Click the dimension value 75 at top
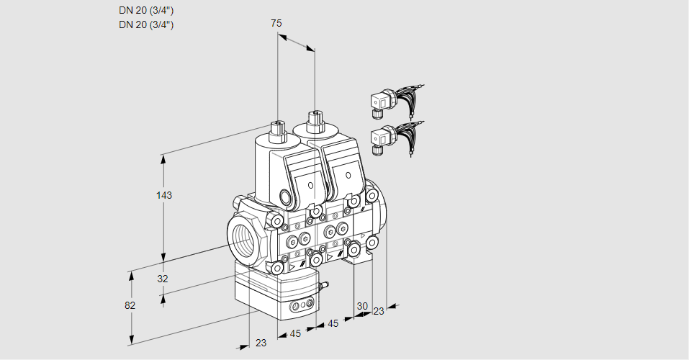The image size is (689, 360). (x=276, y=23)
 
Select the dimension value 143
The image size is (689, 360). (x=165, y=195)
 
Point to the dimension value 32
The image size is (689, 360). (x=163, y=279)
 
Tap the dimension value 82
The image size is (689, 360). (x=130, y=305)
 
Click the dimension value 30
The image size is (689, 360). (x=362, y=306)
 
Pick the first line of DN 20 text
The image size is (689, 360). (x=146, y=10)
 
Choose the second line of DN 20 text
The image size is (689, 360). (x=146, y=24)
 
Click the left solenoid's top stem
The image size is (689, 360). (x=277, y=130)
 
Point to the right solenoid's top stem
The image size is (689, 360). (x=314, y=120)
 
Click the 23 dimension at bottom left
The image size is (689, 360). (x=261, y=343)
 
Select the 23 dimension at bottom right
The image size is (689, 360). (x=379, y=311)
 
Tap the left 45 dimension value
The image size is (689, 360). (x=295, y=333)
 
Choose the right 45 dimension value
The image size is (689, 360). (x=333, y=324)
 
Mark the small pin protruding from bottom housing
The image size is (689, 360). (x=323, y=286)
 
